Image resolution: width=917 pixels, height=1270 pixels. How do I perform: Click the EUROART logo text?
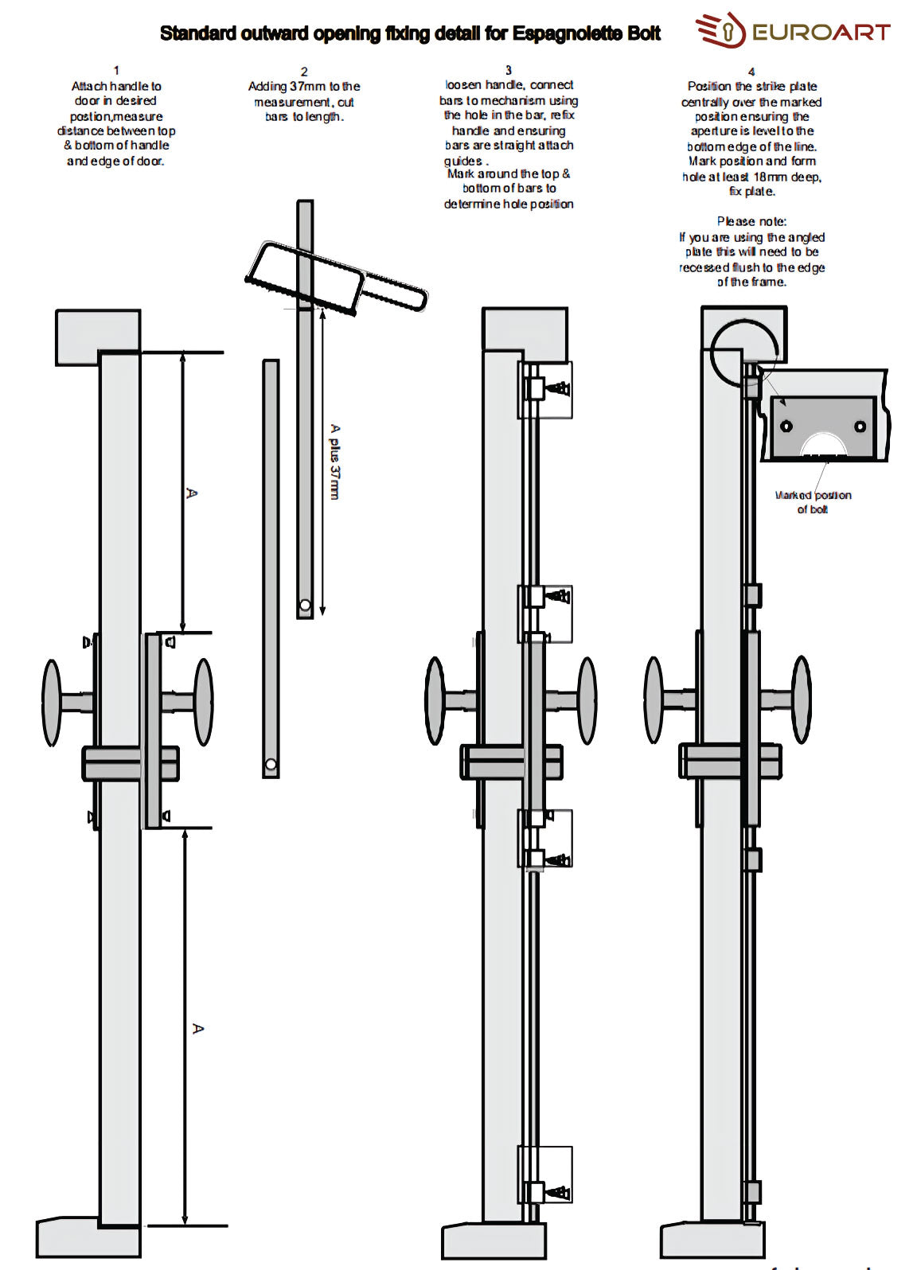click(x=820, y=32)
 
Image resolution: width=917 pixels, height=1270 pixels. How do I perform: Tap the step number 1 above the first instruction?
click(x=116, y=71)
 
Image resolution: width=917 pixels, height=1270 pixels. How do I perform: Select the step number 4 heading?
click(x=751, y=72)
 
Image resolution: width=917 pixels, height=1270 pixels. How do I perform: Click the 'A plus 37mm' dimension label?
click(x=335, y=462)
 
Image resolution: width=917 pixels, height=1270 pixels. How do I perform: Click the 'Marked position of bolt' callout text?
click(x=813, y=502)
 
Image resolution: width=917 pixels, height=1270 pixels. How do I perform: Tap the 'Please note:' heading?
click(x=751, y=221)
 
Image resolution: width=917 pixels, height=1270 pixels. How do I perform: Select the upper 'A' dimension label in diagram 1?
click(x=191, y=493)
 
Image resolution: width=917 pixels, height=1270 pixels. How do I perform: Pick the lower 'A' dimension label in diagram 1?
click(x=198, y=1029)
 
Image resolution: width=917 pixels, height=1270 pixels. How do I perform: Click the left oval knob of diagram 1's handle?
click(x=52, y=703)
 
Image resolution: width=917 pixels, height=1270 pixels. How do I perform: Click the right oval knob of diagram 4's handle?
click(x=802, y=699)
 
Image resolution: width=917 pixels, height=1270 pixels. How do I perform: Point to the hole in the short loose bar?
click(x=271, y=765)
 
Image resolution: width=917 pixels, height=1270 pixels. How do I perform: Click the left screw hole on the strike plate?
click(x=786, y=426)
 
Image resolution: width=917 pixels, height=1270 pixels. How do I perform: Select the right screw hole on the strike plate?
click(x=860, y=427)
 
